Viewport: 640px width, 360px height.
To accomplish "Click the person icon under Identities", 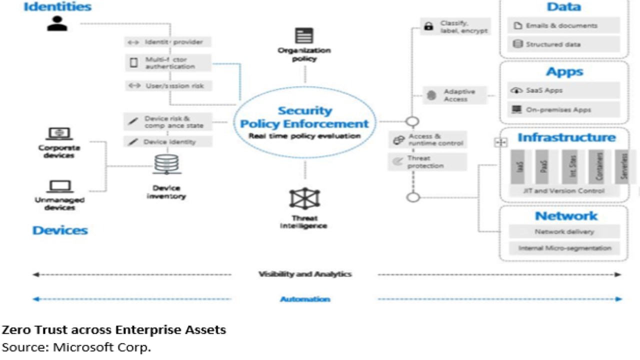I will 57,23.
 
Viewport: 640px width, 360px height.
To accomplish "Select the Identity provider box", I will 167,42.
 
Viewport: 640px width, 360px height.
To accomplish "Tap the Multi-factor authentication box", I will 167,63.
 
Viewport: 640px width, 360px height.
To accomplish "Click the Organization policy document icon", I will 304,35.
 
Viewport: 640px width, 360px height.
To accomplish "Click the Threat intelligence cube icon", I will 304,198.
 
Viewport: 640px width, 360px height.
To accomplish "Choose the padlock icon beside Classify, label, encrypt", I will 428,26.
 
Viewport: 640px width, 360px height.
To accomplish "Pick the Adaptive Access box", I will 455,95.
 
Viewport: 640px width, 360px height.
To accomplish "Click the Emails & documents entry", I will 563,25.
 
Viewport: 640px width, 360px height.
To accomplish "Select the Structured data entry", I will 563,44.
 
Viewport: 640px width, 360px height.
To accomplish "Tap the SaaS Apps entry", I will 563,90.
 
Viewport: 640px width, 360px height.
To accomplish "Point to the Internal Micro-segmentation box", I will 564,248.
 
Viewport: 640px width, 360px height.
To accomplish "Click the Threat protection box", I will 427,162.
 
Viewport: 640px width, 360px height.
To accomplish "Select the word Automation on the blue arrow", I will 304,299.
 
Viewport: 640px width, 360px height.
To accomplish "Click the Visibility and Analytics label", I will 304,274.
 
